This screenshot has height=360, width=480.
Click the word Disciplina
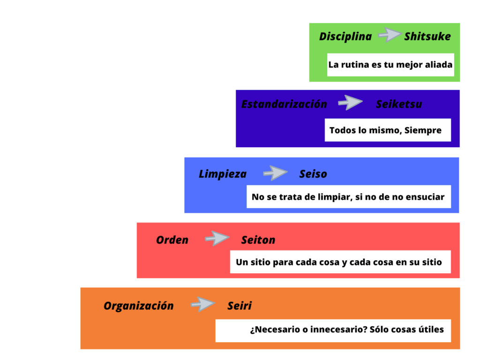coord(345,37)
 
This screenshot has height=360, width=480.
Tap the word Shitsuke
coord(427,37)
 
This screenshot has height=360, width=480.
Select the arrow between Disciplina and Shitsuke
coord(390,35)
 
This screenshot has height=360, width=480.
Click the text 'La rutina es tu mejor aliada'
coord(390,65)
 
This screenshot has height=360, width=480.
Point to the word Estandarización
coord(284,104)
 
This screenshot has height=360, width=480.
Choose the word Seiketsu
coord(399,104)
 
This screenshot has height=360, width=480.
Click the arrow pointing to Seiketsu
coord(350,102)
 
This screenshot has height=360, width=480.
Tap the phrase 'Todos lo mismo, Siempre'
coord(385,130)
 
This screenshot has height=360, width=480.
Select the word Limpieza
coord(223,174)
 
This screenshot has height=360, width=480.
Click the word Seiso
coord(313,174)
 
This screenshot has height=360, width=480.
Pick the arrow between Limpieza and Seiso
coord(275,172)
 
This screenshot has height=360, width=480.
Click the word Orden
coord(172,240)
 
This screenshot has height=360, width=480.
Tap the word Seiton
coord(258,240)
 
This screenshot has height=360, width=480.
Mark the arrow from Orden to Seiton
coord(217,238)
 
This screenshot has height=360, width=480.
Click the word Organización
coord(139,306)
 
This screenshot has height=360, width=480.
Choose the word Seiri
coord(240,306)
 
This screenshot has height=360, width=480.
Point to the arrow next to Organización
coord(202,304)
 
